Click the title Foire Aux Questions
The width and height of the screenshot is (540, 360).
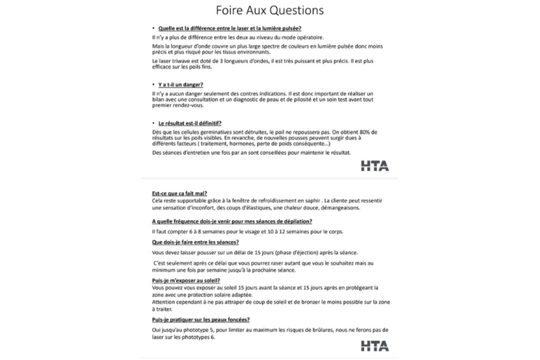[270, 10]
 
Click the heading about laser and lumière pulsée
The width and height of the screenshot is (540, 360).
[229, 28]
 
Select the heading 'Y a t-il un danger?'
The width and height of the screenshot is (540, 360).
[176, 84]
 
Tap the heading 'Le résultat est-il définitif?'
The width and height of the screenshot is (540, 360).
[189, 123]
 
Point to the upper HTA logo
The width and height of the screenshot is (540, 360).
[374, 166]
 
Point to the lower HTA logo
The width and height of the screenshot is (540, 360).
[374, 346]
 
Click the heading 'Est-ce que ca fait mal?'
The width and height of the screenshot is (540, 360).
[180, 193]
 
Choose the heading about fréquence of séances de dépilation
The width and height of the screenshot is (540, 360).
[232, 221]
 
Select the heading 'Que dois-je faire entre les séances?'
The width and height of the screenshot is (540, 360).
[195, 242]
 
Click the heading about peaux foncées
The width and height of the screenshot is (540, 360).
[200, 319]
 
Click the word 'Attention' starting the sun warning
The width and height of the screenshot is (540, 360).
[163, 302]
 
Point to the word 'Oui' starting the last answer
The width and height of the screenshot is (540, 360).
[157, 329]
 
